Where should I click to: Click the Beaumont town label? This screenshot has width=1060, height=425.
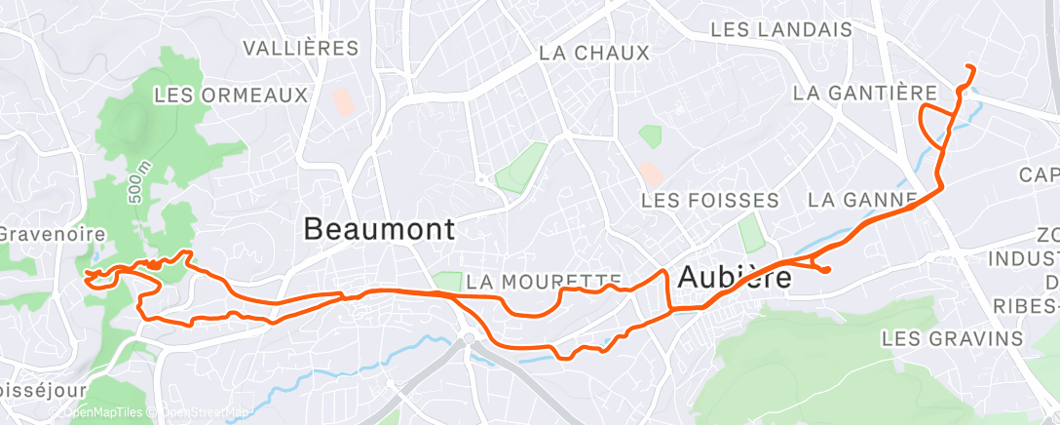point(379,230)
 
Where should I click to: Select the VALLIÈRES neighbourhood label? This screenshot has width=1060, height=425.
point(300,48)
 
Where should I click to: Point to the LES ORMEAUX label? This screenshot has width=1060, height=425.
point(231,95)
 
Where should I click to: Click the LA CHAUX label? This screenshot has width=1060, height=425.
point(593,53)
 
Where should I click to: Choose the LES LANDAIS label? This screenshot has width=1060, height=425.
point(781,29)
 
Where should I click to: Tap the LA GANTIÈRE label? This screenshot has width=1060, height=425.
point(865,93)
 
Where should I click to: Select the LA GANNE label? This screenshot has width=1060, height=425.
point(863,201)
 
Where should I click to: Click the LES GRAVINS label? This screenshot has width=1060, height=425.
point(952,338)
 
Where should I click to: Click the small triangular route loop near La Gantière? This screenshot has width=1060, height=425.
point(935,124)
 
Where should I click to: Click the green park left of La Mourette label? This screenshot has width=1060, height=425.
point(447,281)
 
